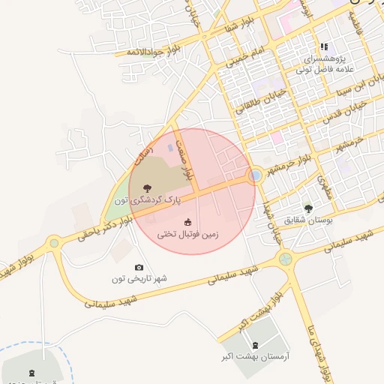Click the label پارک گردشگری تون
point(148,200)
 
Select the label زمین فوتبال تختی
point(187,235)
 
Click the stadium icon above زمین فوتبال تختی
point(187,222)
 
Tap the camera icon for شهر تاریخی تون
point(139,267)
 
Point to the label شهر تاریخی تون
point(139,279)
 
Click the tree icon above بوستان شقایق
point(307,208)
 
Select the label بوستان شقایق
point(308,220)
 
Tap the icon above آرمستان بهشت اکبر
point(256,345)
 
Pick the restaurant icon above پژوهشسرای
point(324,46)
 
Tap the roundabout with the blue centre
point(255,175)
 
